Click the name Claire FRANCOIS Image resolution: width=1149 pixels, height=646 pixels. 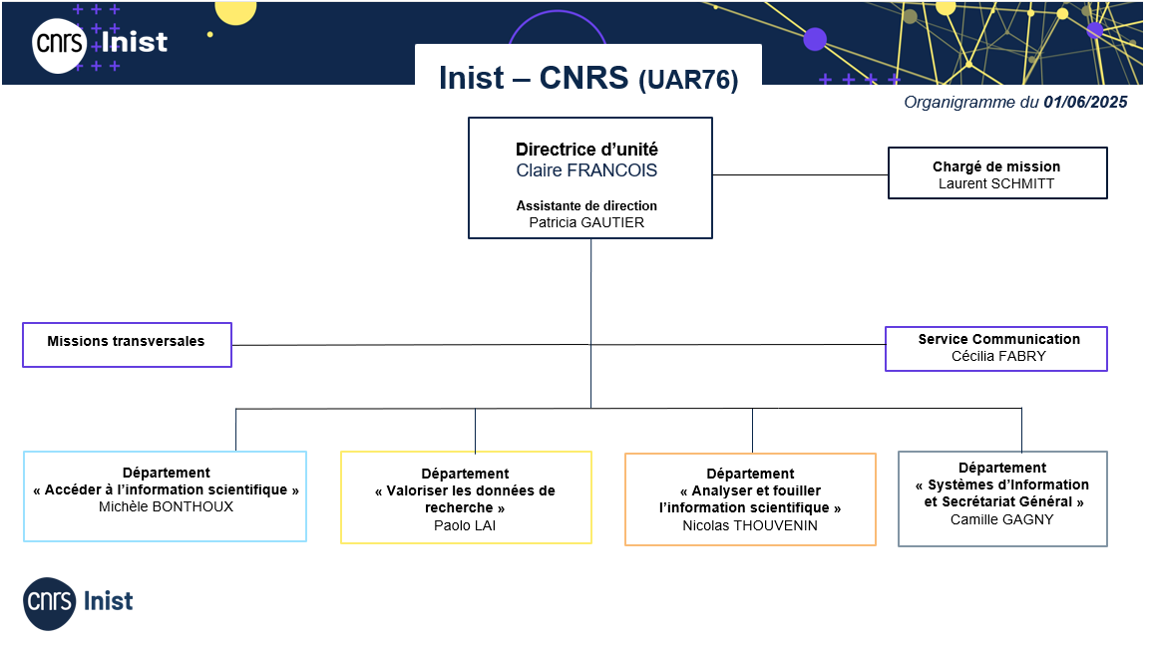coord(586,170)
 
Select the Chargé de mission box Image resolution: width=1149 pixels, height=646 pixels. coord(997,172)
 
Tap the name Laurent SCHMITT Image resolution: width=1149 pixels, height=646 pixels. coord(996,183)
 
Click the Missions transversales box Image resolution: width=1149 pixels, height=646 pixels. coord(127,344)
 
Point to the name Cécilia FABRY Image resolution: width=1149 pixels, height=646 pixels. coord(998,357)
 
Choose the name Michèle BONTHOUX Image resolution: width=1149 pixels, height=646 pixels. coord(166,506)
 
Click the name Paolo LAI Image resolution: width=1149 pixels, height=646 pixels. coord(465,525)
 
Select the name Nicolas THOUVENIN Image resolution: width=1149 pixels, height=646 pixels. coord(750,525)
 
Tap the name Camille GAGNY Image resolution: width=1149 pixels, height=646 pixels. coord(1001,519)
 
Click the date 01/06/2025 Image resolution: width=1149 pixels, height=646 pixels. coord(1085,102)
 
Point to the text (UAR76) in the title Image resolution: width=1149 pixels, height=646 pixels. coord(688,80)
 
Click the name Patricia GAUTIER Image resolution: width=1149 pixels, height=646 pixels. coord(586,222)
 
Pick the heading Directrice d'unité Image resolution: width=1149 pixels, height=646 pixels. coord(586,150)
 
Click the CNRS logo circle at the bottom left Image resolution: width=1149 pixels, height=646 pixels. coord(49,603)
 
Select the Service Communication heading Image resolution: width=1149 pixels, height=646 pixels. coord(998,339)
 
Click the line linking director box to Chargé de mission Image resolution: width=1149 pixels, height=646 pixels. coord(800,174)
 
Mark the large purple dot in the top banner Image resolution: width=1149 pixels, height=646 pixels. coord(815,39)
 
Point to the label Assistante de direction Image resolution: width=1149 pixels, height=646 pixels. coord(586,205)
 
